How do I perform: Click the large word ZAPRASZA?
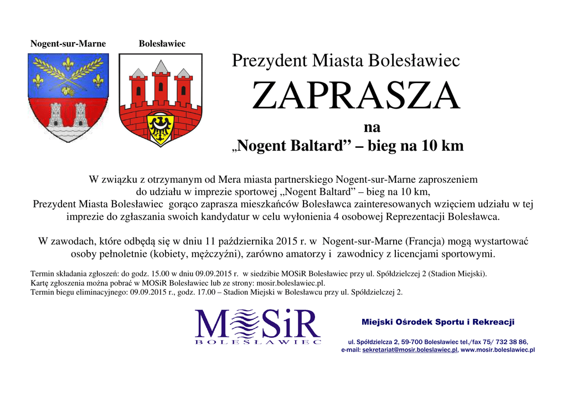click(355, 96)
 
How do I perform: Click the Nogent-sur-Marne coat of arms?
click(68, 97)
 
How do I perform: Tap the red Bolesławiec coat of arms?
click(161, 100)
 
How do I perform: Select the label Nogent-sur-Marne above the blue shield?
click(68, 44)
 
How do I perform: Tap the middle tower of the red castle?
click(161, 83)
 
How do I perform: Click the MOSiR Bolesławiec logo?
click(258, 327)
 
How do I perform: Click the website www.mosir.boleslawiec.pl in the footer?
click(498, 350)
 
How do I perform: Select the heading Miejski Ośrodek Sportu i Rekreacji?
click(438, 322)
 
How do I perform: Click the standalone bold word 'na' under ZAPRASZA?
click(372, 127)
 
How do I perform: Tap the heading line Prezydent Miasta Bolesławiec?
click(346, 60)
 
